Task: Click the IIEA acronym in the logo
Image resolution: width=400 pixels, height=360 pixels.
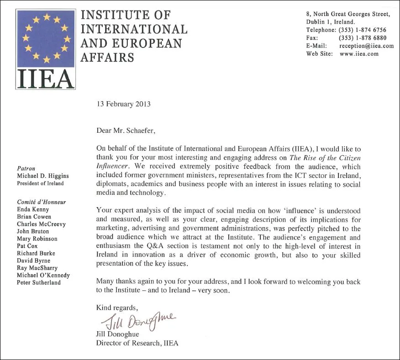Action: click(46, 78)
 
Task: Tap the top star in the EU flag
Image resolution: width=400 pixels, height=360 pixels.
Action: click(47, 17)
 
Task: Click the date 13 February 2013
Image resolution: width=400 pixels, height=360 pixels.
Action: click(123, 104)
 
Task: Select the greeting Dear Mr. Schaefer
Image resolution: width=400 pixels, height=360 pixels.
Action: click(126, 130)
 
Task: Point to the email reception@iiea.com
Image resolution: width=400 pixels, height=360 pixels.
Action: click(366, 46)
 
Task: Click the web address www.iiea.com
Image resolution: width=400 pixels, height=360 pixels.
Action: click(359, 54)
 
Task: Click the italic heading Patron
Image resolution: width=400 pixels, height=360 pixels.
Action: click(26, 168)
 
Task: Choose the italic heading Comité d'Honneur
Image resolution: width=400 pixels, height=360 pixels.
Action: click(41, 202)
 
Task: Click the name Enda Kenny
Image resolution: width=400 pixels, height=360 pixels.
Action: click(33, 209)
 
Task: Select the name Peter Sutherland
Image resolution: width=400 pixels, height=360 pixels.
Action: click(38, 282)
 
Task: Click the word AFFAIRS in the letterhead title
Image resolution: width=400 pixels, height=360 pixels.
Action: click(107, 57)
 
